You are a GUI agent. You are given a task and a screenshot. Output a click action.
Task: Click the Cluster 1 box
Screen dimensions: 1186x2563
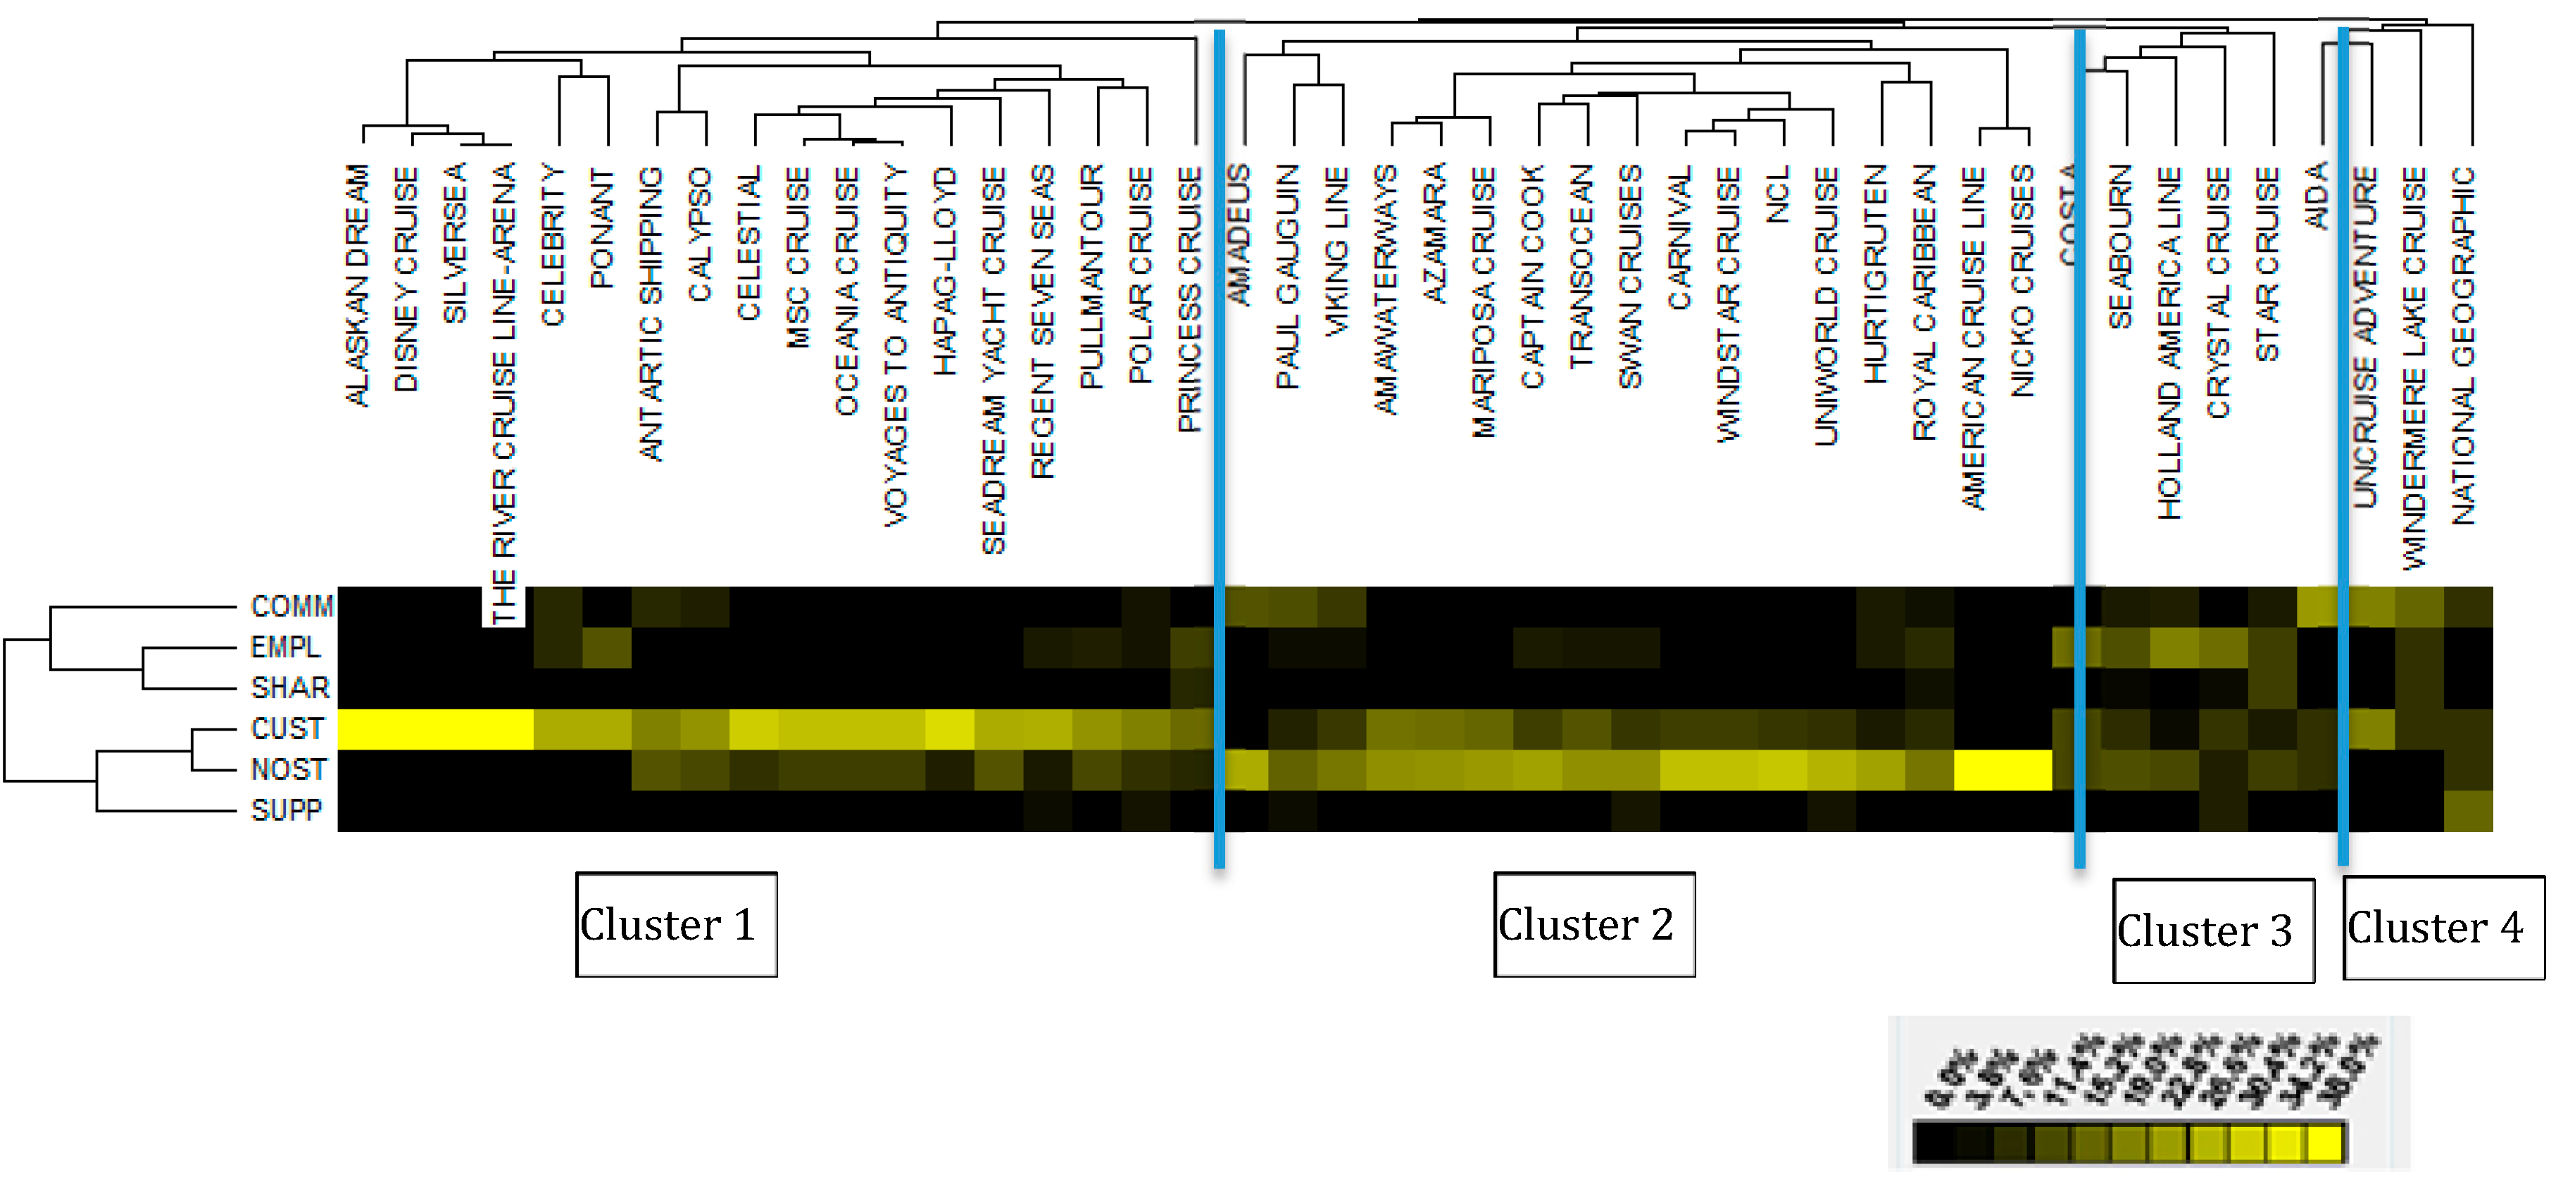[x=675, y=924]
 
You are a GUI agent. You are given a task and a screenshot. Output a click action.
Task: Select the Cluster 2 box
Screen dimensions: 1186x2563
[x=1594, y=924]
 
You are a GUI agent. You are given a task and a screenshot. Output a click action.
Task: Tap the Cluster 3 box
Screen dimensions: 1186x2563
[x=2213, y=930]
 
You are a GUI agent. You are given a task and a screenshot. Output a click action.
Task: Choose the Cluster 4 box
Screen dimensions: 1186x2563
[x=2443, y=927]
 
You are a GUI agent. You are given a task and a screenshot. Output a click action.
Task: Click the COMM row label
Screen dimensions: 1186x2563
[x=292, y=606]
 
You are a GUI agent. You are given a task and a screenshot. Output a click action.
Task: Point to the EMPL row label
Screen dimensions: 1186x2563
[x=286, y=647]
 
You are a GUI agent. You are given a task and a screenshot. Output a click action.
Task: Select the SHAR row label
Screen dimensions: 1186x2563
[x=289, y=688]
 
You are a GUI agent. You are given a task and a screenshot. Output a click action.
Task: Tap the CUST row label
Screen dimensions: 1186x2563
[x=287, y=728]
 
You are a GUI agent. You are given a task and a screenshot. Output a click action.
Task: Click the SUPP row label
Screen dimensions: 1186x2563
[x=287, y=810]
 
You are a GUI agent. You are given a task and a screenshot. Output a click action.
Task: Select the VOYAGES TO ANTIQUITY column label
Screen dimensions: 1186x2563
[x=896, y=346]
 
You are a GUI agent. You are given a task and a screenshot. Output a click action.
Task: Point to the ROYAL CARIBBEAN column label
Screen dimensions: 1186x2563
[x=1925, y=303]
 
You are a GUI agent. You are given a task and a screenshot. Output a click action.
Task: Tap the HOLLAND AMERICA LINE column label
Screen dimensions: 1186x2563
[x=2170, y=343]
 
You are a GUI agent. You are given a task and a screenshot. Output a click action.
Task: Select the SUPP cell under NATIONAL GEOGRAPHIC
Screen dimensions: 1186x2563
[x=2467, y=811]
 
